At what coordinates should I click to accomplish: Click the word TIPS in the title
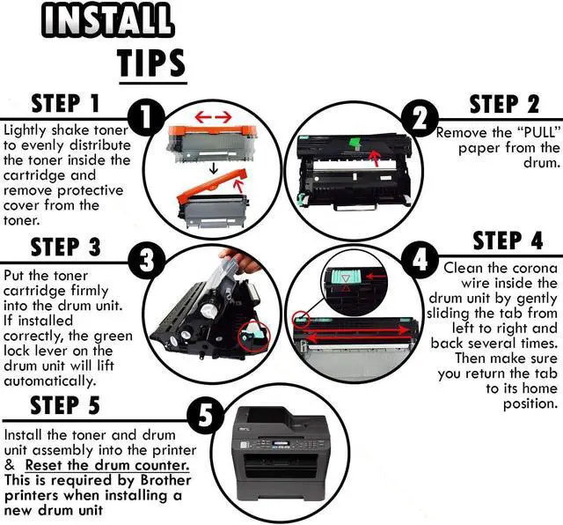[152, 63]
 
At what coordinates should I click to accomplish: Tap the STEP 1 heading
[65, 104]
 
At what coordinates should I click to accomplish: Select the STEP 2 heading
[504, 104]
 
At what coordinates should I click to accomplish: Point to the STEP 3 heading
[66, 247]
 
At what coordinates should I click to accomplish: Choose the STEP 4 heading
[508, 240]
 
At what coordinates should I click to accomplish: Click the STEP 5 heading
[65, 405]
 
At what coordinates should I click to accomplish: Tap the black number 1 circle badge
[145, 118]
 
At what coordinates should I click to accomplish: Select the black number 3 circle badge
[147, 261]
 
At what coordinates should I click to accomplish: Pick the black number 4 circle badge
[420, 260]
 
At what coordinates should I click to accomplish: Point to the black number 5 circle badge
[206, 418]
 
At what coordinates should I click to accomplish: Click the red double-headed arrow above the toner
[213, 116]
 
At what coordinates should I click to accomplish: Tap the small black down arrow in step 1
[214, 168]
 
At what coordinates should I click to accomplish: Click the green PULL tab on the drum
[355, 143]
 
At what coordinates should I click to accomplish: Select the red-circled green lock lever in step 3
[254, 335]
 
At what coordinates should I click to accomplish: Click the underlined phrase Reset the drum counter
[107, 465]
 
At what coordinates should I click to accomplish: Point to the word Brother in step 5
[165, 480]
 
